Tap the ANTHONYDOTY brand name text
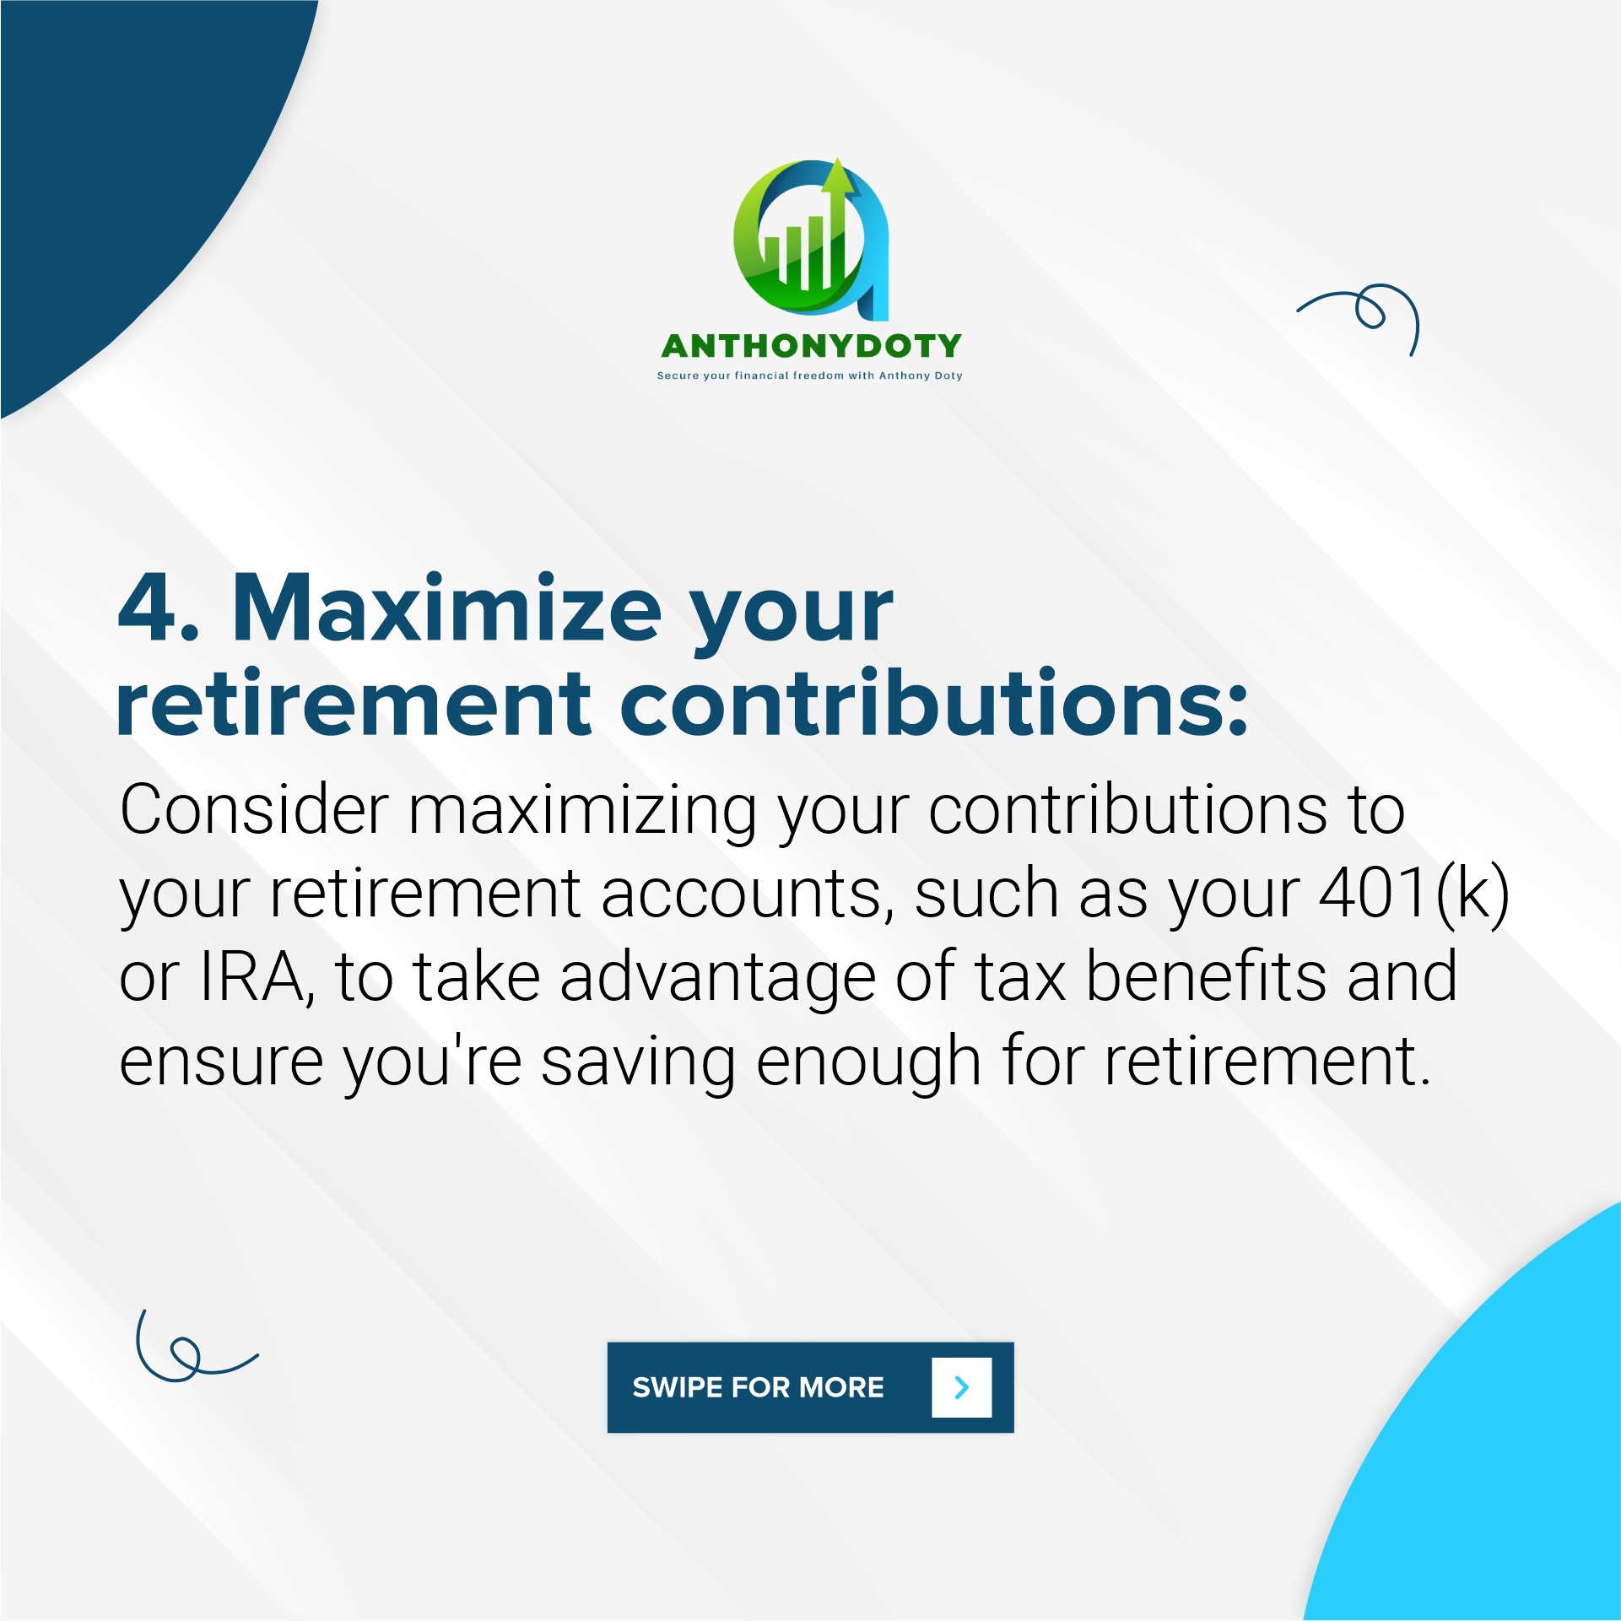(811, 346)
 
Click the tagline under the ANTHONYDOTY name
(810, 376)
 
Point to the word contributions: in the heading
(933, 702)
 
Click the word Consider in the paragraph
(254, 810)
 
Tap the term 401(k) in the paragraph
(1414, 894)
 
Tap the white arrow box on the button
(961, 1387)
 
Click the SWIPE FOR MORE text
(758, 1387)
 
